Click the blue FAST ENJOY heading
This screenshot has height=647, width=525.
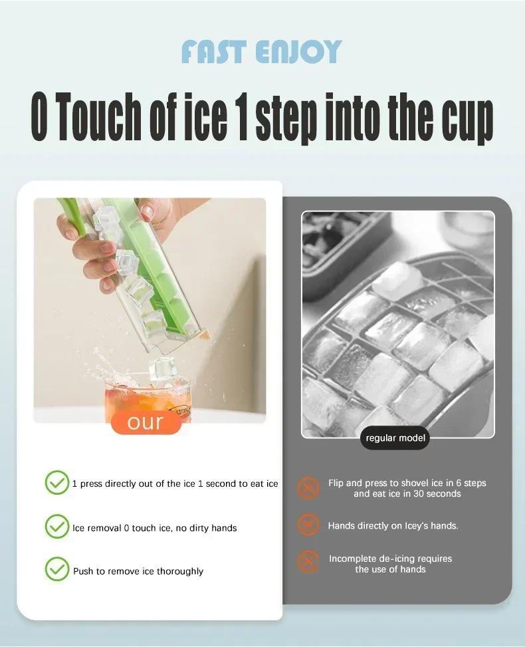pos(261,52)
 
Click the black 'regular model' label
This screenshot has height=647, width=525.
pos(395,438)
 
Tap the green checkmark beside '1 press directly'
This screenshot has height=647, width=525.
pos(56,483)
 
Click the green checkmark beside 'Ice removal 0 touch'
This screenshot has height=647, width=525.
pos(56,527)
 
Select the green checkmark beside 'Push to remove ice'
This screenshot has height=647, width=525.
pos(56,571)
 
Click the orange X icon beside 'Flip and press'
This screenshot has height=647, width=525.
pos(308,488)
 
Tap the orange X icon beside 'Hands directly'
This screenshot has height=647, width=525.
pos(308,525)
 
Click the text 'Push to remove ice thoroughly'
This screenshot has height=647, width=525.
pos(138,571)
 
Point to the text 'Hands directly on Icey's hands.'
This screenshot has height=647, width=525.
pos(393,526)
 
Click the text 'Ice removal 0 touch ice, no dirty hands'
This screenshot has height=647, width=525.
pos(155,528)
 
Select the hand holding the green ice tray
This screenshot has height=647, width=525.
pos(93,246)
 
